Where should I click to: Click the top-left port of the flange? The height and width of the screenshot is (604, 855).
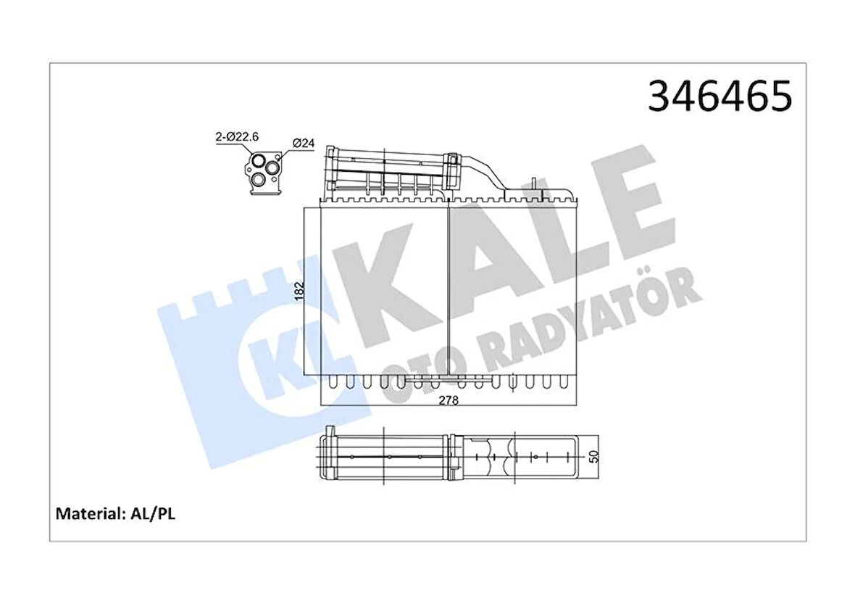258,160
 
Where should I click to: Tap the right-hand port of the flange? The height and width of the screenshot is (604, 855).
273,167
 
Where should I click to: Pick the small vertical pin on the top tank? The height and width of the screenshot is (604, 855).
533,185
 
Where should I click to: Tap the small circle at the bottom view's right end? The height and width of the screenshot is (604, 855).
535,458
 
